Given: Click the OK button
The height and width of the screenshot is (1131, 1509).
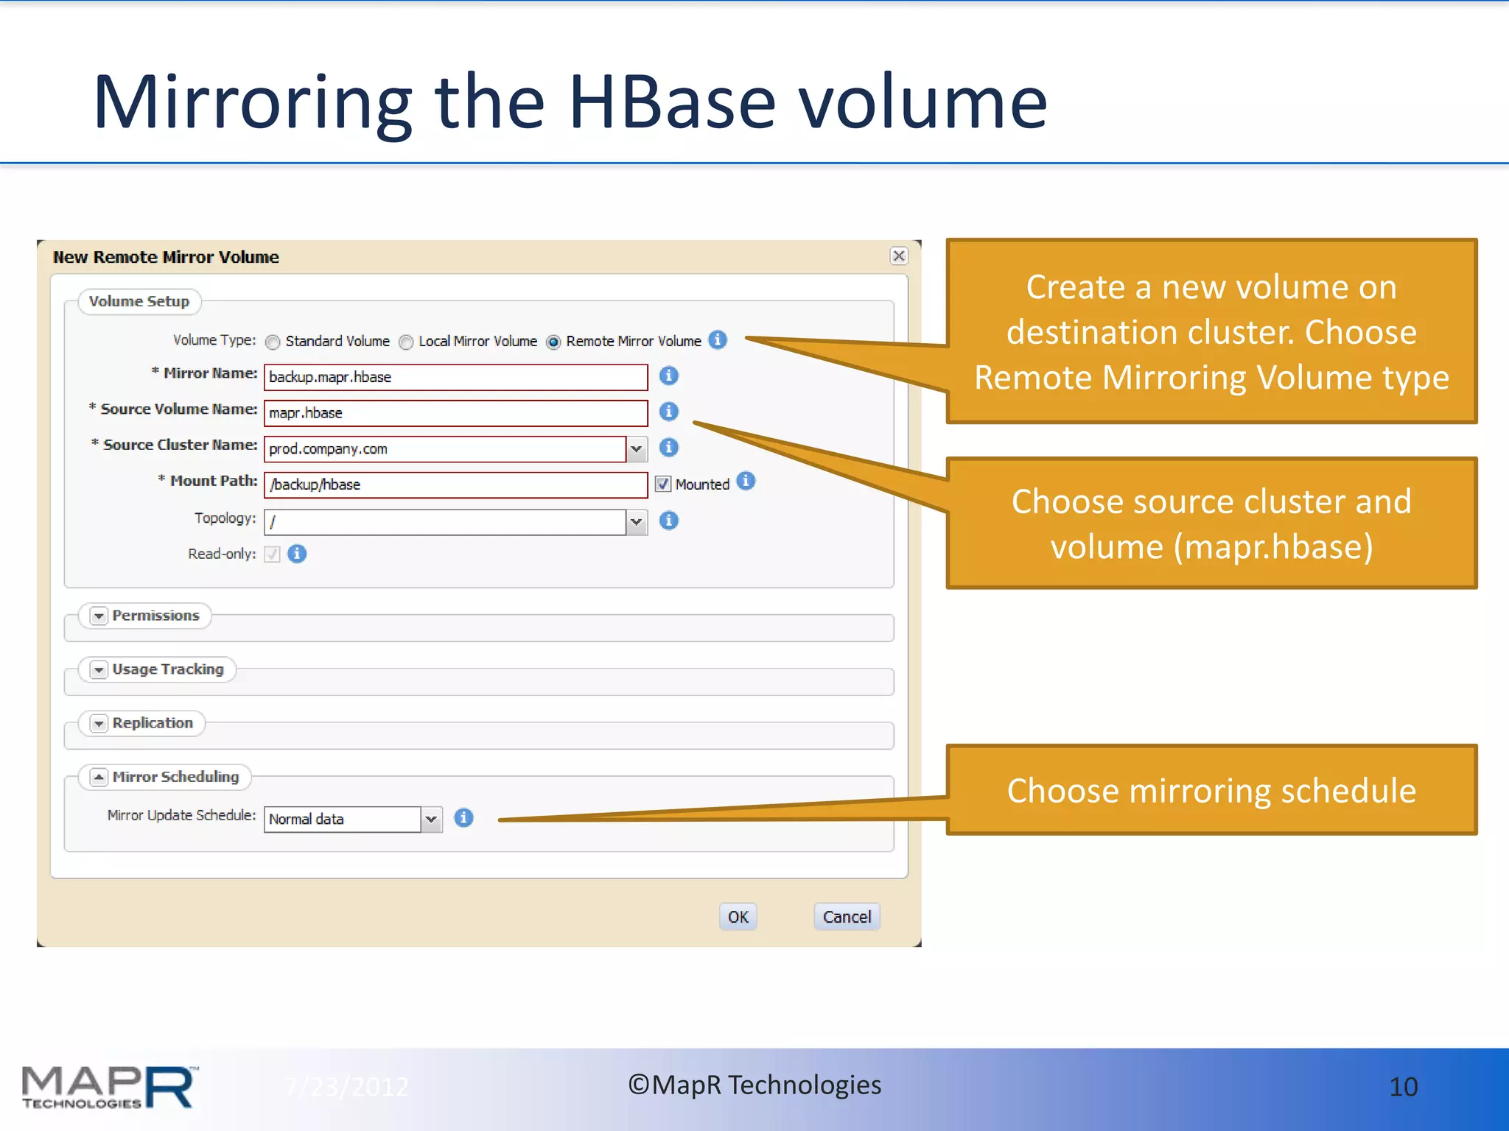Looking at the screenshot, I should pos(738,917).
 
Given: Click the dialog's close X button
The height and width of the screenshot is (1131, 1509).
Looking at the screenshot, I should pos(898,256).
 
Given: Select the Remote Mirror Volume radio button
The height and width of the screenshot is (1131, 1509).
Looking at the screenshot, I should pos(553,342).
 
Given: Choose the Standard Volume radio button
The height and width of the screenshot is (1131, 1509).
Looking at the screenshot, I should pos(273,342).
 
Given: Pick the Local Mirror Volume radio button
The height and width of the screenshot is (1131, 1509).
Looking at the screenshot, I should pos(406,342).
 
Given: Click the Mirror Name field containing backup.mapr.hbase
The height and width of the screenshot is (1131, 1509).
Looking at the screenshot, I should pos(455,377).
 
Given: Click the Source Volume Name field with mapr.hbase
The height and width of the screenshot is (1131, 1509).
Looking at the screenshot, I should pos(455,413).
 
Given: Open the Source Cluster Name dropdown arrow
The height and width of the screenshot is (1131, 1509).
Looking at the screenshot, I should pos(637,448).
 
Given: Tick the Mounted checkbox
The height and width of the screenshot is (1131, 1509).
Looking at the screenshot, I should pos(662,484).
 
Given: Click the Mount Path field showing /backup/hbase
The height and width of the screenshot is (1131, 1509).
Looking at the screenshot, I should pos(455,485).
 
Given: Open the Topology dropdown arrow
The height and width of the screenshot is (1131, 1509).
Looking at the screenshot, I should pos(637,522).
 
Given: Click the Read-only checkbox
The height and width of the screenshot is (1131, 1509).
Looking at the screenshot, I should pos(273,554).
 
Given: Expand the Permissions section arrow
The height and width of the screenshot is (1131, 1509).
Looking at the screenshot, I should pos(99,616).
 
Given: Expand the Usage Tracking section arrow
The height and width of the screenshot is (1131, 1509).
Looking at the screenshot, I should pos(99,669).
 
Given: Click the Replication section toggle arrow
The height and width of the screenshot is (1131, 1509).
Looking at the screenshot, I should pos(99,723).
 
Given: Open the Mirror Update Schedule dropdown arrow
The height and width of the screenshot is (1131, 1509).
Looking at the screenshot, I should pos(431,819).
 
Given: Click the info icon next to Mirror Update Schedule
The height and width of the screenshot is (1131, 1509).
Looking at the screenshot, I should pos(463,817).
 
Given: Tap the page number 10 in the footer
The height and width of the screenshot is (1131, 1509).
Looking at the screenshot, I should pos(1403,1087).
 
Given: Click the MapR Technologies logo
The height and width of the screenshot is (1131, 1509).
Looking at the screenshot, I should pos(109,1087).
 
